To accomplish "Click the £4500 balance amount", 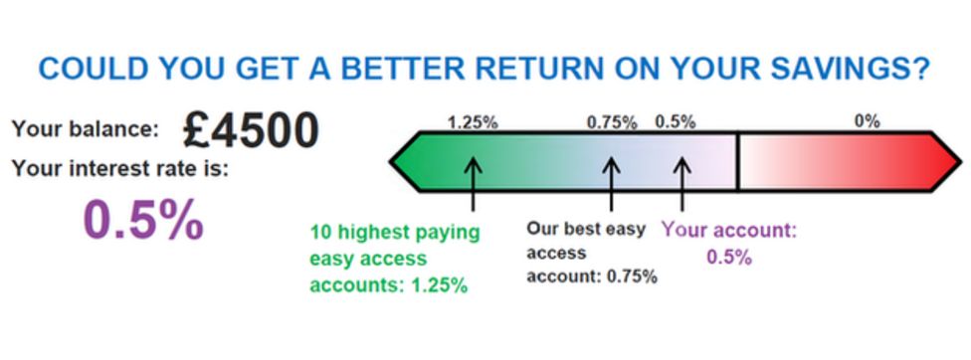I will pyautogui.click(x=251, y=130).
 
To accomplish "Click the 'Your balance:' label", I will pyautogui.click(x=85, y=130).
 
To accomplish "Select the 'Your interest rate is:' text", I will pyautogui.click(x=120, y=168).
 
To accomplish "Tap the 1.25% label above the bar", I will pyautogui.click(x=473, y=122).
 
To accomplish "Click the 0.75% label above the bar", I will pyautogui.click(x=612, y=122).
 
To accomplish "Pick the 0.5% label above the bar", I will pyautogui.click(x=676, y=122).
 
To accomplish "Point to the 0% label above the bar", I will pyautogui.click(x=867, y=122).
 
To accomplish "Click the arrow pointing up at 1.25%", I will pyautogui.click(x=474, y=181).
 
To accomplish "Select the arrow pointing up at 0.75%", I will pyautogui.click(x=612, y=181).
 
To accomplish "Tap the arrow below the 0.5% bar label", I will pyautogui.click(x=681, y=181).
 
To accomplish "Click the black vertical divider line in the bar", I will pyautogui.click(x=737, y=160).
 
